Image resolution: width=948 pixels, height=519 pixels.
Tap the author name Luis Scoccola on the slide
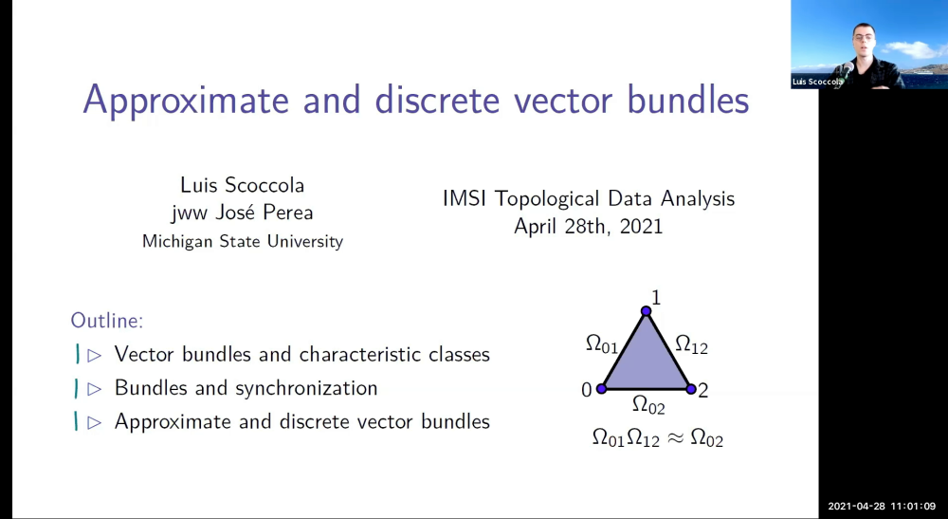[x=242, y=184]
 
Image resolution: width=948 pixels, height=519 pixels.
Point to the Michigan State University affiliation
[x=242, y=241]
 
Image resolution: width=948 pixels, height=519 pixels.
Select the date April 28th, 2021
[x=588, y=227]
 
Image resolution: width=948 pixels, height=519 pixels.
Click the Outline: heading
[x=107, y=321]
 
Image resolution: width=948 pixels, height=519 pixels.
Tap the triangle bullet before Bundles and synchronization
[x=94, y=388]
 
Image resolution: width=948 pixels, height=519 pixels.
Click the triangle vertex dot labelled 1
[x=646, y=311]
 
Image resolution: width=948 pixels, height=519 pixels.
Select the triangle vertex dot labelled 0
[x=601, y=389]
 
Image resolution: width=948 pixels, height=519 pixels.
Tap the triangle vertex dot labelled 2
[x=690, y=389]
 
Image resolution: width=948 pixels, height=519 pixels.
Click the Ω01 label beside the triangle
[x=602, y=343]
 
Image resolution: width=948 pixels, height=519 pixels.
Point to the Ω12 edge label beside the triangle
[x=691, y=344]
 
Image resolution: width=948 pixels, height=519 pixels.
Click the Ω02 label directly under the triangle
[x=648, y=405]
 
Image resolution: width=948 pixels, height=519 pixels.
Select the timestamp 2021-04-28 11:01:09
[x=882, y=507]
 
